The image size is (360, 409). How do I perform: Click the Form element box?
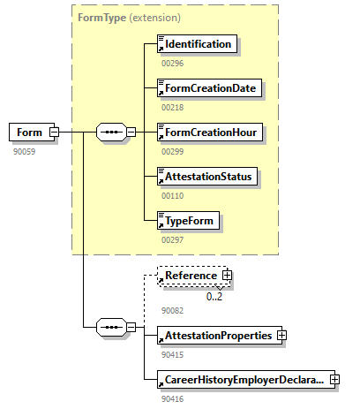pyautogui.click(x=29, y=133)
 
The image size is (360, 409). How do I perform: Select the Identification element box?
pyautogui.click(x=197, y=44)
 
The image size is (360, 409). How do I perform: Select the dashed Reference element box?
pyautogui.click(x=190, y=276)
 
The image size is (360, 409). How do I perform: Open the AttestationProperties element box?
pyautogui.click(x=215, y=336)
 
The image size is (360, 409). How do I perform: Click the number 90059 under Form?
pyautogui.click(x=24, y=152)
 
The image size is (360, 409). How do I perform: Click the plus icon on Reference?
pyautogui.click(x=227, y=276)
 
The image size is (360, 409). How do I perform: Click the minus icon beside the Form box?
pyautogui.click(x=54, y=133)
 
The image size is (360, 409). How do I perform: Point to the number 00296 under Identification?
pyautogui.click(x=173, y=64)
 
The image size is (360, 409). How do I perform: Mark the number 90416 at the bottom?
pyautogui.click(x=173, y=399)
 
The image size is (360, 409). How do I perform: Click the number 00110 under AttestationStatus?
pyautogui.click(x=173, y=196)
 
